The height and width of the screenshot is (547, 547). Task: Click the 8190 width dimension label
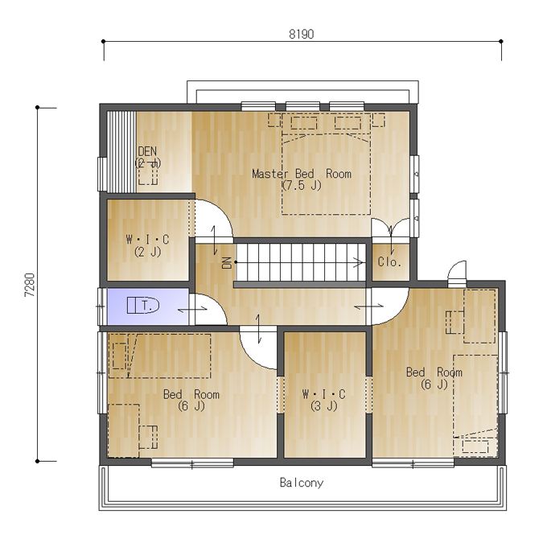pos(302,34)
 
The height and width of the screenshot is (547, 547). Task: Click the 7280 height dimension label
pos(30,285)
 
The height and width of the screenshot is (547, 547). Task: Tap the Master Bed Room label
pos(302,179)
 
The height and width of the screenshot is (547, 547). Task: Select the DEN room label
pos(148,157)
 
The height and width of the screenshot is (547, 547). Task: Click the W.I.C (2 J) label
pos(147,245)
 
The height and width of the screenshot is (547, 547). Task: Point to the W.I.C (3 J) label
pos(323,400)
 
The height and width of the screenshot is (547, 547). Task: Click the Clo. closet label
pos(389,261)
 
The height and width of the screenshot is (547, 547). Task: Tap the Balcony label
pos(302,483)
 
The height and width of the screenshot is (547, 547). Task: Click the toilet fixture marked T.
pos(143,305)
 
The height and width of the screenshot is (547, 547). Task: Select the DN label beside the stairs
pos(227,263)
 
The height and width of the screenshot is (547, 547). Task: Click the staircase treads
pos(301,262)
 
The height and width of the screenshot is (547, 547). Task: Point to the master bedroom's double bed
pos(326,163)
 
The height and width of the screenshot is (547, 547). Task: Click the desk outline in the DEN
pos(148,174)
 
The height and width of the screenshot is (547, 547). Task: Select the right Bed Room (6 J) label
pos(434,378)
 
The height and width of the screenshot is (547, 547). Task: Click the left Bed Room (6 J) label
pos(191,400)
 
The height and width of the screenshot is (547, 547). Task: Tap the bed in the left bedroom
pos(159,356)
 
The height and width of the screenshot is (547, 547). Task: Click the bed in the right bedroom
pos(475,405)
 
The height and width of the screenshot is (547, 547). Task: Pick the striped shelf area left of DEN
pos(121,152)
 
